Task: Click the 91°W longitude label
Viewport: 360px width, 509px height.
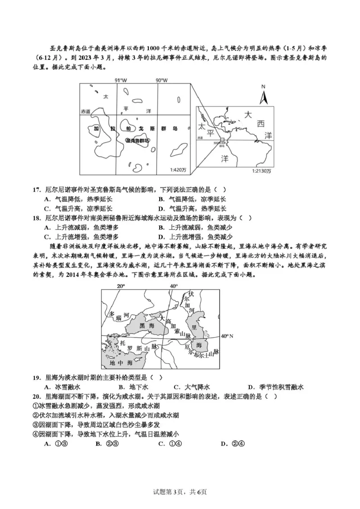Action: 120,80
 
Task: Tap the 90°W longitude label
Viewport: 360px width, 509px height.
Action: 161,80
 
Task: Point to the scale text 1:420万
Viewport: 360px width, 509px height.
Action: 179,170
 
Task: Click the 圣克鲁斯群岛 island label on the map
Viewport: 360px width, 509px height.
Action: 138,140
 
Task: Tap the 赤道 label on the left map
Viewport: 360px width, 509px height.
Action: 85,111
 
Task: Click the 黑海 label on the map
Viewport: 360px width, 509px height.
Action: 146,325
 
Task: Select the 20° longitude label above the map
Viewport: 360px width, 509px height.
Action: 121,286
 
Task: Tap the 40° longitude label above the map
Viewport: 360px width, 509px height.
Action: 174,286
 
